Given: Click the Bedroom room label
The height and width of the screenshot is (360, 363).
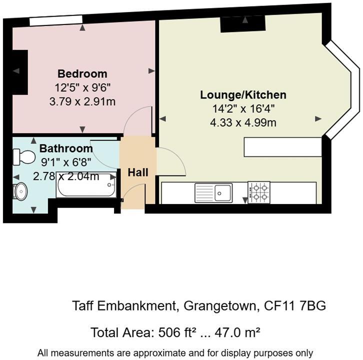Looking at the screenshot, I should [x=82, y=74].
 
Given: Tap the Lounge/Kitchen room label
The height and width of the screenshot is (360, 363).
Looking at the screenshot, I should [x=243, y=95].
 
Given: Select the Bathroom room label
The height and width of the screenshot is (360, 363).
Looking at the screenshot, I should [x=66, y=148].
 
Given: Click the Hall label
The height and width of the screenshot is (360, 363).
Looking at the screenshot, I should [x=138, y=172].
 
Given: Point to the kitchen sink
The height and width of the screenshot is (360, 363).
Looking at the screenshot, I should [x=213, y=192].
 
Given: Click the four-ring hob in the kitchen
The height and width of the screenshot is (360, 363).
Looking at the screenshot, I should [x=258, y=192].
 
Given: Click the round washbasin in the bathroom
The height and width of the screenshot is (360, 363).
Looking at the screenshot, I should [x=20, y=190].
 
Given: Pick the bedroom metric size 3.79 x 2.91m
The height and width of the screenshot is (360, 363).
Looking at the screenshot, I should [x=82, y=101].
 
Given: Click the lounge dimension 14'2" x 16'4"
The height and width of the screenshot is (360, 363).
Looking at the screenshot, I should [x=243, y=108].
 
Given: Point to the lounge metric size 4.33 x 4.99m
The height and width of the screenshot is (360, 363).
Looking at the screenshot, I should [x=243, y=122].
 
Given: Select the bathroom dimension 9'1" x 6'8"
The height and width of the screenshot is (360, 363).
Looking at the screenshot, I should [x=66, y=162].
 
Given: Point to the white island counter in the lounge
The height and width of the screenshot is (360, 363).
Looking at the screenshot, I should [x=282, y=146].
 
